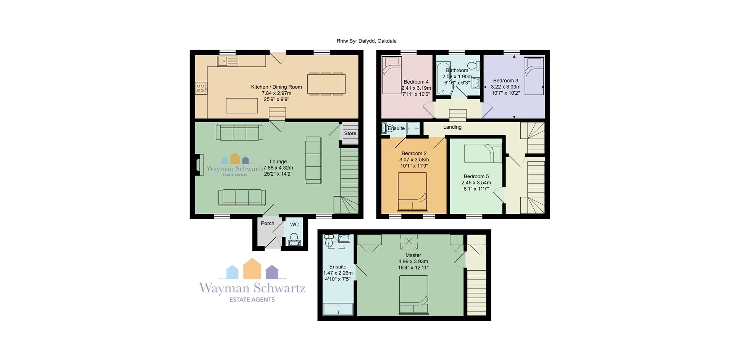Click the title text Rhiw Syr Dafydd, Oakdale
(x=366, y=41)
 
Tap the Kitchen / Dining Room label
(x=276, y=87)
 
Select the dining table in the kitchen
(x=326, y=84)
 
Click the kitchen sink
(x=228, y=61)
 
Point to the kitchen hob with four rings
(x=201, y=88)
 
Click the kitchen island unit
(x=242, y=105)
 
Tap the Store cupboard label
(x=350, y=134)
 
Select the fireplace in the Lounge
(x=199, y=165)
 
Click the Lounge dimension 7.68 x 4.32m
(x=278, y=168)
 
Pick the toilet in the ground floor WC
(x=294, y=239)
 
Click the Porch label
(x=268, y=223)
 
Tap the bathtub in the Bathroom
(x=444, y=78)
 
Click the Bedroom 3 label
(x=505, y=81)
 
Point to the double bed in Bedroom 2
(x=412, y=192)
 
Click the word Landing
(x=452, y=127)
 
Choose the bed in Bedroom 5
(x=483, y=153)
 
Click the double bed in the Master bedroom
(x=413, y=295)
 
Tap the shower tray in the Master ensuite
(x=338, y=309)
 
